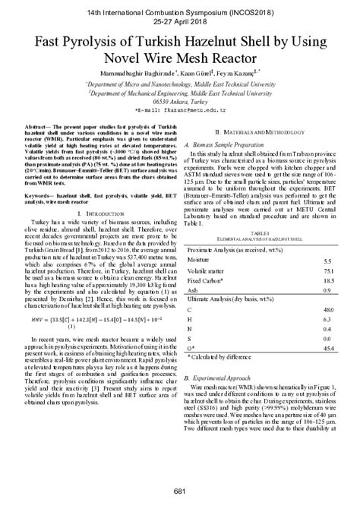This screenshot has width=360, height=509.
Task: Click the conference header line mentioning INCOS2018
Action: click(x=179, y=14)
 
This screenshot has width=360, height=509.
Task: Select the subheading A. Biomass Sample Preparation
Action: click(x=231, y=142)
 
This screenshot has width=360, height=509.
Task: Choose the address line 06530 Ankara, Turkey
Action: click(x=179, y=101)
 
